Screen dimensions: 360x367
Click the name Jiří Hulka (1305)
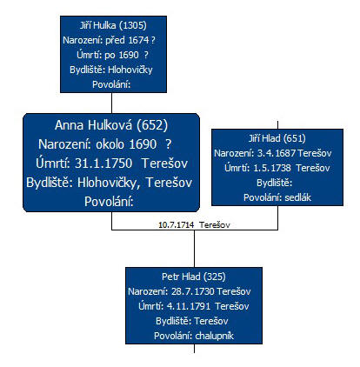click(113, 25)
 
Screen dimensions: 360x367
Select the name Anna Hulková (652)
click(111, 125)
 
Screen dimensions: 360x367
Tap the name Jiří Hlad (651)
click(277, 138)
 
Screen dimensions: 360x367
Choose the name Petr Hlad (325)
click(194, 277)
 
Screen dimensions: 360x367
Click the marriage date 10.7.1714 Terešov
click(194, 225)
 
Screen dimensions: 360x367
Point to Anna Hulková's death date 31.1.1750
click(103, 163)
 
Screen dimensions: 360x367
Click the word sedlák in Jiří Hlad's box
click(297, 197)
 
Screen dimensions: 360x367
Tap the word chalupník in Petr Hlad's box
click(215, 336)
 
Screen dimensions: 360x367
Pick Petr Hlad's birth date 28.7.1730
click(193, 291)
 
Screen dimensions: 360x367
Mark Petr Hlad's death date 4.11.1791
click(189, 306)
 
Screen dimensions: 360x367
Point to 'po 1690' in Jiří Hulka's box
click(121, 55)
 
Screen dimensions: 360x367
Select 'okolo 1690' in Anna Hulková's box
click(126, 144)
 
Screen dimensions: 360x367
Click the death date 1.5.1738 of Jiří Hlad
click(272, 168)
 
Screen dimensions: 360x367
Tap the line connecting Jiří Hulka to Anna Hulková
click(111, 103)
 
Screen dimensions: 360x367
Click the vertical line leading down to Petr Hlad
click(194, 249)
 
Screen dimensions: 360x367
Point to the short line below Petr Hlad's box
click(194, 349)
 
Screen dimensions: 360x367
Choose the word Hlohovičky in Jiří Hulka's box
click(130, 70)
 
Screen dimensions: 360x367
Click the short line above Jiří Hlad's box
click(277, 125)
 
